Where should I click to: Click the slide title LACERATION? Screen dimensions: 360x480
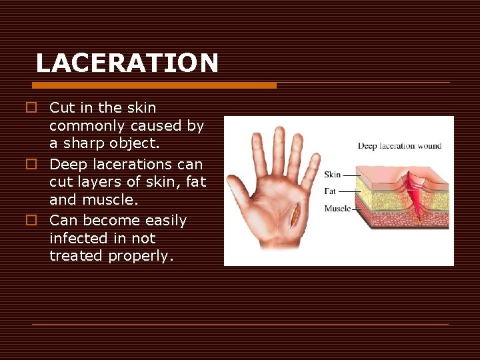(127, 63)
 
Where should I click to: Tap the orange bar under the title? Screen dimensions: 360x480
(154, 85)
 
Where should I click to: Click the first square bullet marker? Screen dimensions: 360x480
(31, 108)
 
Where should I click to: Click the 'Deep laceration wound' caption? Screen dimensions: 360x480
(399, 145)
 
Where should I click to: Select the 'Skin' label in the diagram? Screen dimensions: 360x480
(332, 175)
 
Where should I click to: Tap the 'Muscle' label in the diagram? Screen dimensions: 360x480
(337, 209)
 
